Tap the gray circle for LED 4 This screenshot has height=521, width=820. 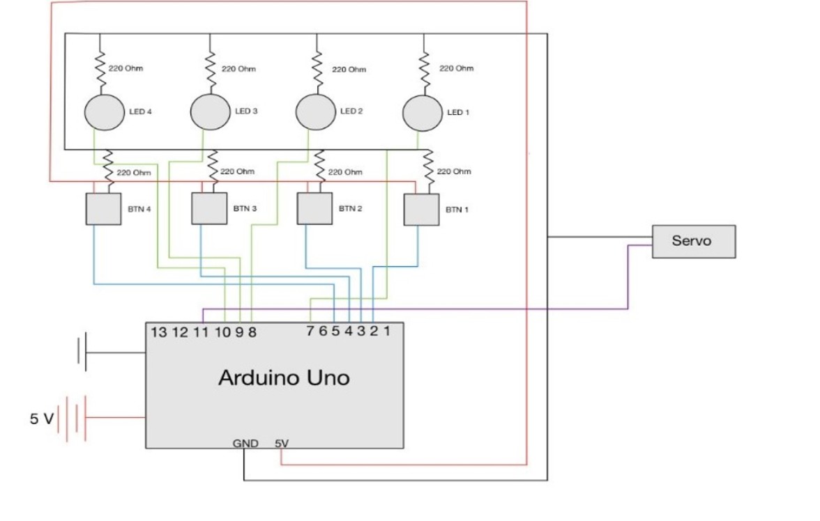tap(103, 112)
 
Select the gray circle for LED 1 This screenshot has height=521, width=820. tap(423, 113)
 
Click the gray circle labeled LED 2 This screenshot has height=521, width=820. tap(316, 112)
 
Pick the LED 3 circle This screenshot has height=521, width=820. tap(210, 112)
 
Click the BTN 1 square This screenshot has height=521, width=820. tap(422, 210)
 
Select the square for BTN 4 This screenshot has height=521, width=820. tap(103, 208)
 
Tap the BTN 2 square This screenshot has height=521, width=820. tap(314, 208)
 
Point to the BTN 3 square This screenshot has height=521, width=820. tap(209, 208)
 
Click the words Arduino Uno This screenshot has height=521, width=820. tap(284, 378)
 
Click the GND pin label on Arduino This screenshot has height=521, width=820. tap(245, 443)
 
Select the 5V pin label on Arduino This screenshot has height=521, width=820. tap(281, 443)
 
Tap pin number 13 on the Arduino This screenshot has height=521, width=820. tap(158, 332)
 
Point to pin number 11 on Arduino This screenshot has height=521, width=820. tap(201, 332)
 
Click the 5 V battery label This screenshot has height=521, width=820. tap(40, 419)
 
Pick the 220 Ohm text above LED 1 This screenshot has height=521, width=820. tap(457, 68)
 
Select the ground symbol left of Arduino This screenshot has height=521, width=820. tap(82, 351)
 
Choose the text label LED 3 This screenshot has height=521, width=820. tap(247, 111)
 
